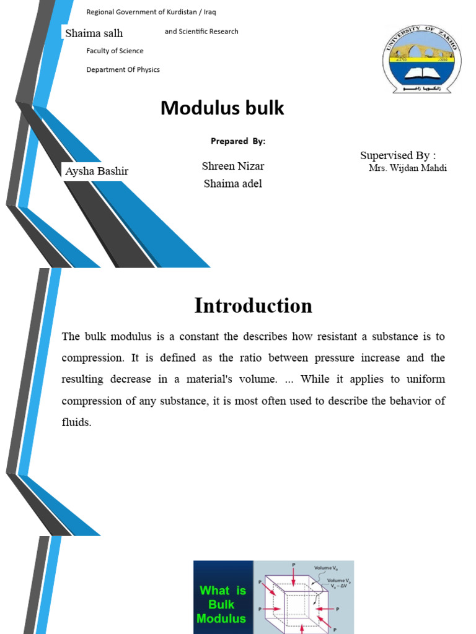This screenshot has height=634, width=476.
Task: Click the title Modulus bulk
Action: tap(223, 108)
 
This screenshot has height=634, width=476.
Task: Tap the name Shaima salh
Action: tap(94, 33)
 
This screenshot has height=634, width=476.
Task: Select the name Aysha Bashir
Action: tap(97, 171)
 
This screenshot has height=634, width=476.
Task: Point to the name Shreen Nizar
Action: tap(233, 166)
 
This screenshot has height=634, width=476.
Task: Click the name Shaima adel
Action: tap(232, 183)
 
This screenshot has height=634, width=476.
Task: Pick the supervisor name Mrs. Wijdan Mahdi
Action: tap(408, 168)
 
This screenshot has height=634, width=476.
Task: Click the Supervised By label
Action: tap(398, 155)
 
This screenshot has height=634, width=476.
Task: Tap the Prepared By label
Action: tap(238, 141)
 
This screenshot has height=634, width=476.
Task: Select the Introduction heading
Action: tap(253, 306)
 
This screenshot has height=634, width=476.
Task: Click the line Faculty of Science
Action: tap(115, 51)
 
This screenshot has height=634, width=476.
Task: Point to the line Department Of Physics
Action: tap(123, 69)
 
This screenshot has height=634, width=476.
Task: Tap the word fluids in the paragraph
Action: tap(77, 422)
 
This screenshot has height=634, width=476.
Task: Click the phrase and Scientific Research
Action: tap(201, 32)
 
